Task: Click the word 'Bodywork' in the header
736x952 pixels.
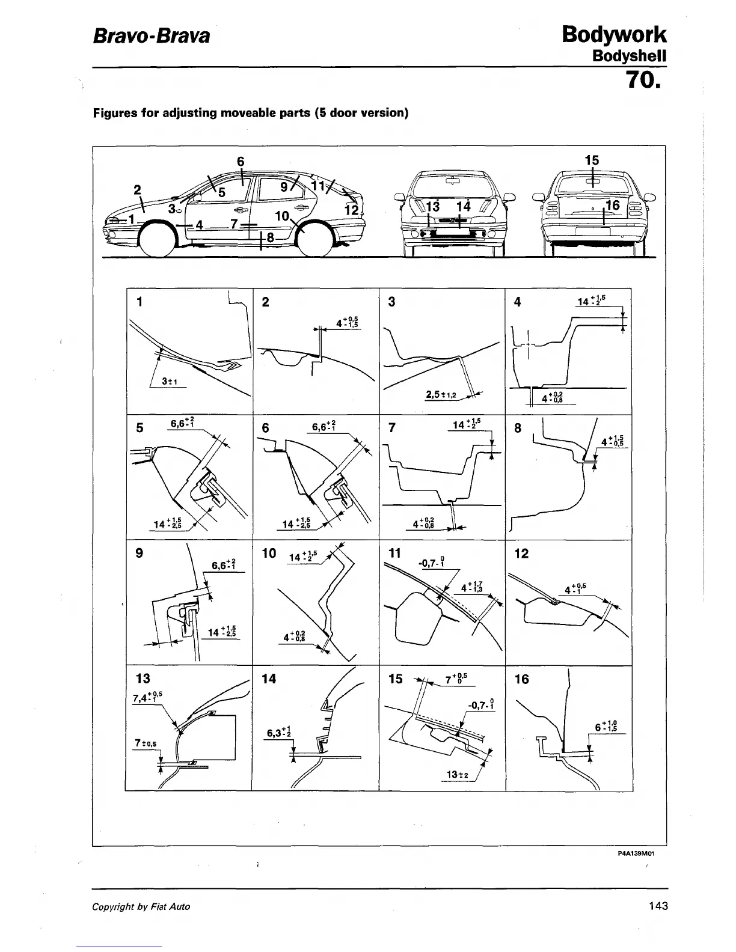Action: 614,34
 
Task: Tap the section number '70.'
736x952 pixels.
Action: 645,80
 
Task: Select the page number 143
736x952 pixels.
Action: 658,906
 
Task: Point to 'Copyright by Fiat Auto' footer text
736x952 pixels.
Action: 141,906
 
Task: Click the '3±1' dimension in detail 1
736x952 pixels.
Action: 171,381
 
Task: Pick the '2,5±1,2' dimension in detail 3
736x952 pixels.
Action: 441,395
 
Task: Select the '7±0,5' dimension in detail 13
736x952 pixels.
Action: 146,743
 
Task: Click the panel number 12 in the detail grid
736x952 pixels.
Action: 522,553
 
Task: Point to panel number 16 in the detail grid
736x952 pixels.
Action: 522,679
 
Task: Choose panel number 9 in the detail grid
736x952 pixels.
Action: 140,553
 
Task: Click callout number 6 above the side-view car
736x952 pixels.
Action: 241,161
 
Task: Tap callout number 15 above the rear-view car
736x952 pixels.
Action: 592,160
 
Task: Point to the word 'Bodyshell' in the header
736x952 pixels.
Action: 630,56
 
